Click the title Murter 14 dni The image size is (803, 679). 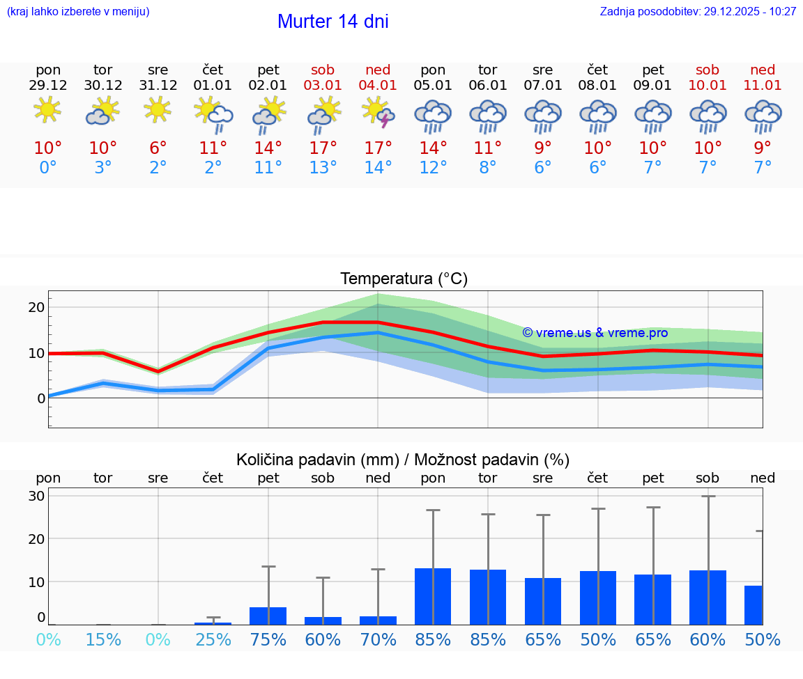pos(332,22)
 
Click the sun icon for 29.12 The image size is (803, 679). pos(47,110)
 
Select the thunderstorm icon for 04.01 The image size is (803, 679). pos(378,112)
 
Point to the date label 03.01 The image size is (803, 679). pos(323,86)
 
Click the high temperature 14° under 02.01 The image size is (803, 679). pos(268,148)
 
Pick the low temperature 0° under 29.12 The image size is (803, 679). pos(47,168)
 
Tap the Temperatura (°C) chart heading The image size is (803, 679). pos(404,279)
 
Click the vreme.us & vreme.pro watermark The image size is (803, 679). pos(595,333)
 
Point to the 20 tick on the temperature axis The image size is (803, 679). pos(36,307)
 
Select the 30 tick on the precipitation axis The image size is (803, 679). pos(36,496)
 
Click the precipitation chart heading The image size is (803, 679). pos(403,460)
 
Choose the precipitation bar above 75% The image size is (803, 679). pos(268,616)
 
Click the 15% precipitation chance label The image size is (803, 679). pos(103,640)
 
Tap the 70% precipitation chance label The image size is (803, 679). pos(378,640)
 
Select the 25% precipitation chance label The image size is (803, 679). pos(213,640)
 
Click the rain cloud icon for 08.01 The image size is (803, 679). pos(597,116)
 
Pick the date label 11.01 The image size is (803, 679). pos(763,86)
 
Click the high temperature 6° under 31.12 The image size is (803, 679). pos(158,148)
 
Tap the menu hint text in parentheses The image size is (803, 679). pos(77,12)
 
